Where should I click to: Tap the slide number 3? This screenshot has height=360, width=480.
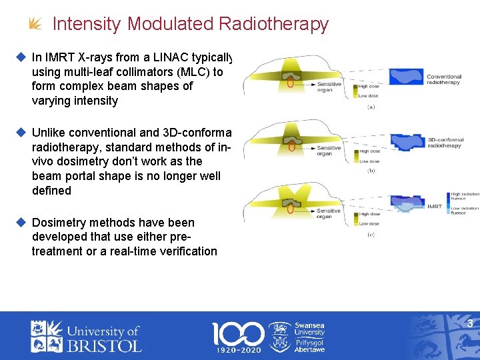[469, 324]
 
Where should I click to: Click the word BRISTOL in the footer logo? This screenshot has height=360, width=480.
[104, 345]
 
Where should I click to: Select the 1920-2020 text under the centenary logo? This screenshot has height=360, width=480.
[238, 349]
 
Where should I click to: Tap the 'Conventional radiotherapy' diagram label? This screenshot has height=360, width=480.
[443, 79]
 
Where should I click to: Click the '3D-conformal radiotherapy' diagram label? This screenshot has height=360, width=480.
[445, 141]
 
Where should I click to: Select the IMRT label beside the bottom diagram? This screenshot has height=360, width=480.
[435, 207]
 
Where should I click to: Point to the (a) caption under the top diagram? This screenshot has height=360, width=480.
[371, 107]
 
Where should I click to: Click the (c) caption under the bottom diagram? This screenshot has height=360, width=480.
[371, 235]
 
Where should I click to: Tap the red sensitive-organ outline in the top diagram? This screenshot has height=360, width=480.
[290, 83]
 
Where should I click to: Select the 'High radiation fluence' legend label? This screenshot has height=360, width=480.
[465, 196]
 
